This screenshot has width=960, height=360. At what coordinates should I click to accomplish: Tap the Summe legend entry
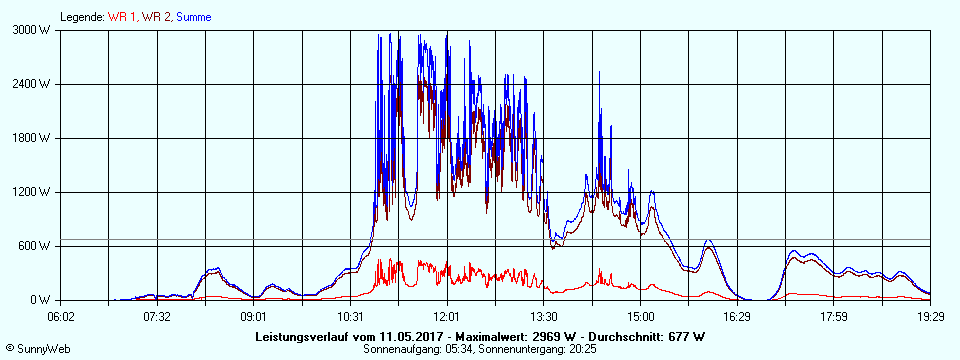(x=193, y=17)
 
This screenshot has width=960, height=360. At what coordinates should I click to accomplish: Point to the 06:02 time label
(x=61, y=316)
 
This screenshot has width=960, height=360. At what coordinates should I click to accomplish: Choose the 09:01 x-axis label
(x=254, y=316)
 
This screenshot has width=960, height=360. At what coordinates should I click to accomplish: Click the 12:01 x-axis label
(x=447, y=316)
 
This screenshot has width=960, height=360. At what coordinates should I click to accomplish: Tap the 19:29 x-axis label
(x=930, y=316)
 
